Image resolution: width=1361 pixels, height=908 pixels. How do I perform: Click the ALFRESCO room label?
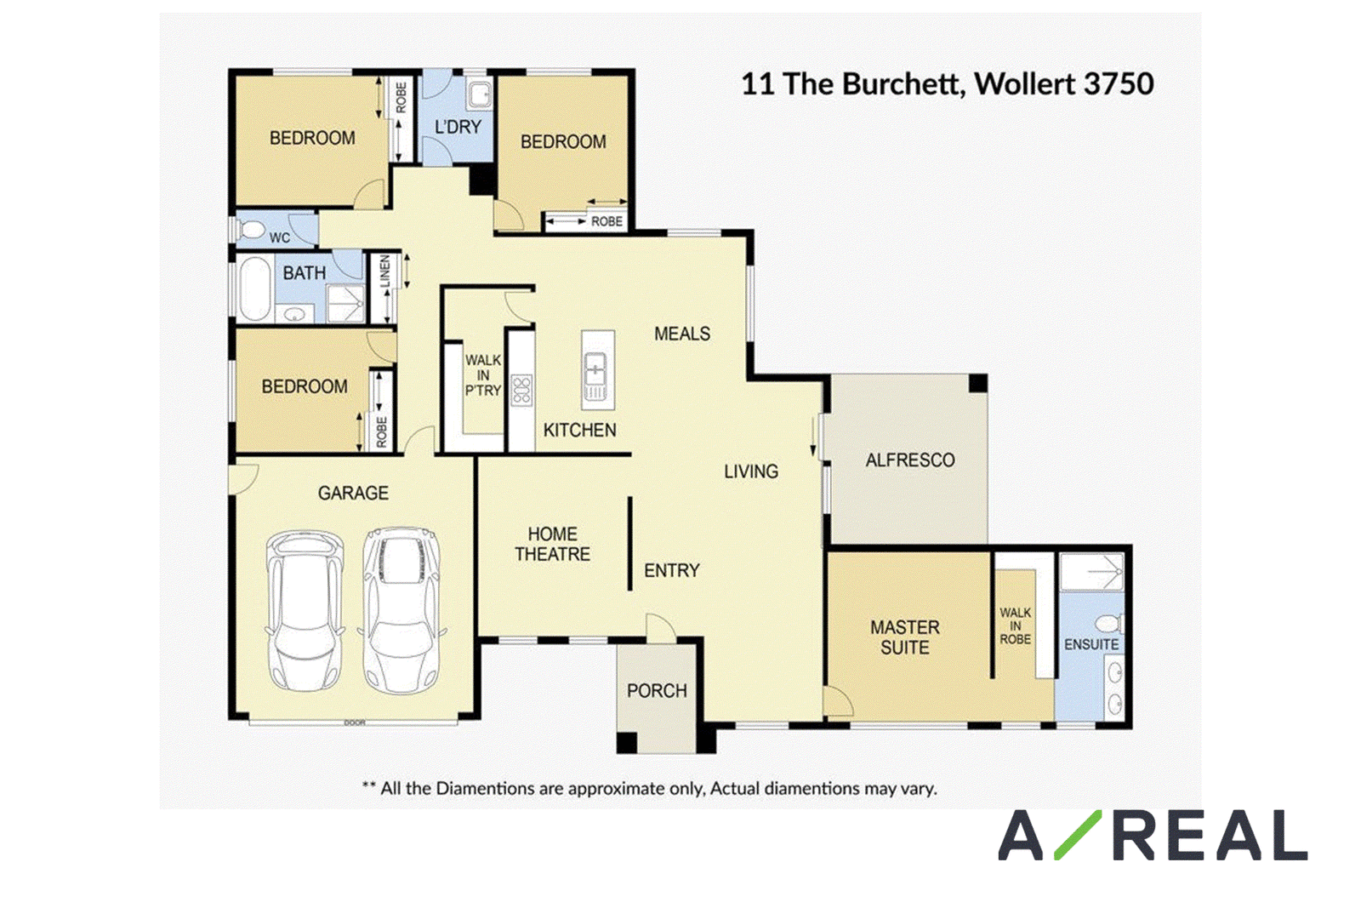(x=909, y=460)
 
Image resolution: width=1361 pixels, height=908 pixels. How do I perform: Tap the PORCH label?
(x=657, y=690)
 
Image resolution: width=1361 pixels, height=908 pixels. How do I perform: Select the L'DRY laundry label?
(x=458, y=127)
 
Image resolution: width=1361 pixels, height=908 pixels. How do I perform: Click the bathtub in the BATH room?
(x=255, y=288)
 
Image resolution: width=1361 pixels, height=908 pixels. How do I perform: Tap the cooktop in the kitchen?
(x=521, y=390)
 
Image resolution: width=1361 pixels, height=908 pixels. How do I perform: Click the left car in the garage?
(x=305, y=610)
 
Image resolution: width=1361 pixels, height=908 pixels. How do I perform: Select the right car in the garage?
(x=401, y=609)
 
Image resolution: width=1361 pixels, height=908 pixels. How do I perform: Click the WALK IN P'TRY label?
(x=483, y=375)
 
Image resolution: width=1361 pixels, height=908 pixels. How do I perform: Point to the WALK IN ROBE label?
(x=1016, y=626)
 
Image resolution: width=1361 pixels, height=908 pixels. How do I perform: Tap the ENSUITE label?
(x=1091, y=644)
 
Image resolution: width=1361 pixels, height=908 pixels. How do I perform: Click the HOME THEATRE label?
(x=552, y=544)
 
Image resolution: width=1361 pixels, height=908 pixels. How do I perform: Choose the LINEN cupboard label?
(x=384, y=271)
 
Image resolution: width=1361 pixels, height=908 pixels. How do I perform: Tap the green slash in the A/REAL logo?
(x=1078, y=835)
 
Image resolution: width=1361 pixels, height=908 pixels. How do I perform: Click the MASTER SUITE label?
(x=905, y=637)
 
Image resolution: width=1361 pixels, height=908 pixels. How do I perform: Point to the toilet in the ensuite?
(x=1110, y=623)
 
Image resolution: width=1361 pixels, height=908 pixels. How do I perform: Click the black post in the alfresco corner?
(x=977, y=384)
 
